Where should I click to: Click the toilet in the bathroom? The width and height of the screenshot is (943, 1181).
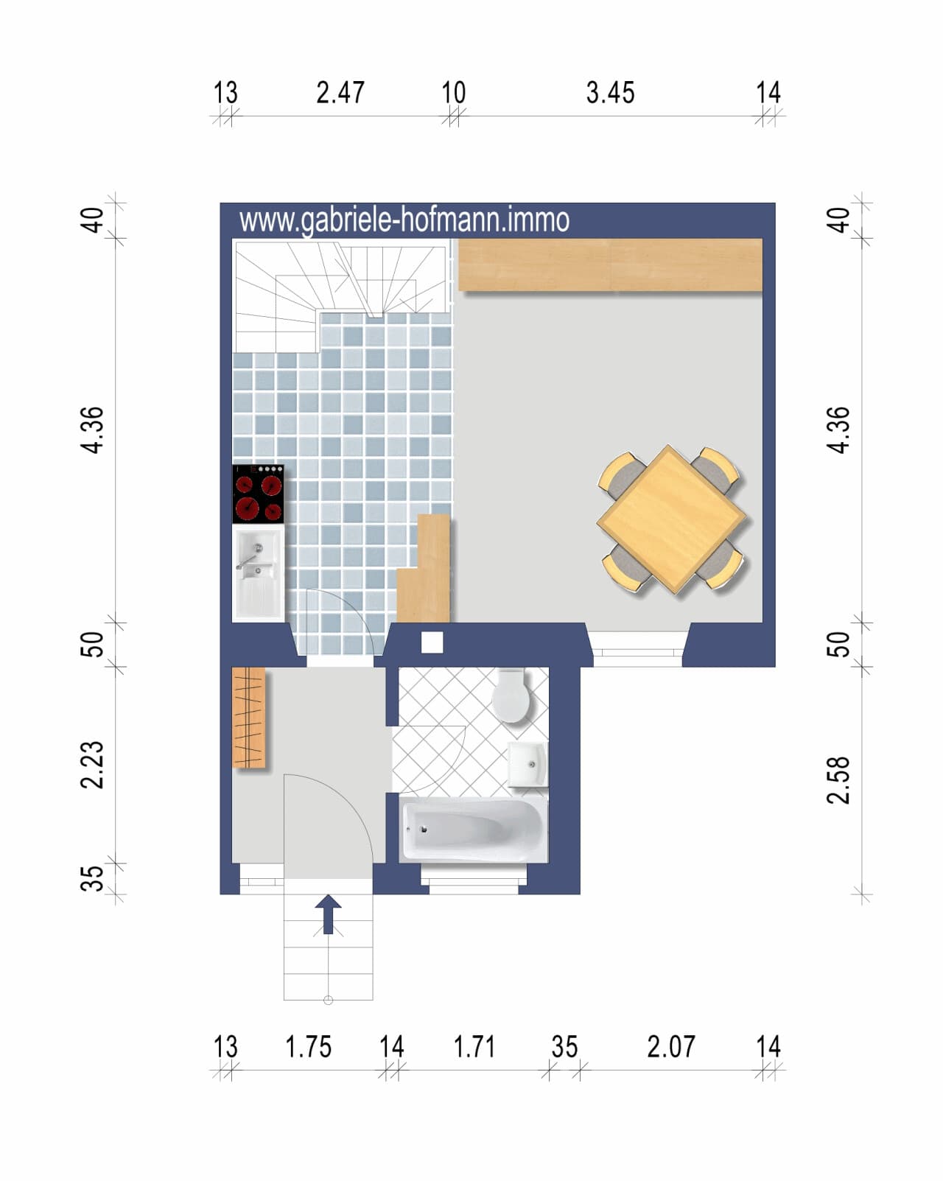511,695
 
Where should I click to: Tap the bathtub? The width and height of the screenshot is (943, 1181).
473,830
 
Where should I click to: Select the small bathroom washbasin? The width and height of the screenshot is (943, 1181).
527,763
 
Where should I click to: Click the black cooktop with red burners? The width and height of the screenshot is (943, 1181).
258,494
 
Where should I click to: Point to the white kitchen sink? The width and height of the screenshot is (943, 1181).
258,573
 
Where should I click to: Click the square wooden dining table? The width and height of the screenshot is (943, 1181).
671,519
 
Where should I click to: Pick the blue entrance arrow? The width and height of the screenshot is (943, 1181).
329,914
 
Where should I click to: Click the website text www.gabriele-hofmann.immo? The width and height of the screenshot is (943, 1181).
404,220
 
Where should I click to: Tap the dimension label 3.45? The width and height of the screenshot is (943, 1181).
610,93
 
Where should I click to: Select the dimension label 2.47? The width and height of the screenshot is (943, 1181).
340,93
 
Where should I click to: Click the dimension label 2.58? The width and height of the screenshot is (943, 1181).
838,780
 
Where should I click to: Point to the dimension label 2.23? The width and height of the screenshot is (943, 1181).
91,765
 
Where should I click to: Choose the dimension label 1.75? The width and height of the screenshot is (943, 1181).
309,1047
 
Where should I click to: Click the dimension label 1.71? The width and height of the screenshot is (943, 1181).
474,1047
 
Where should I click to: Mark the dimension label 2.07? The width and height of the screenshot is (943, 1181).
670,1047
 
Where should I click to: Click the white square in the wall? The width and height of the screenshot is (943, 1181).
432,642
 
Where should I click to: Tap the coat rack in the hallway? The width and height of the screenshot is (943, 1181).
249,718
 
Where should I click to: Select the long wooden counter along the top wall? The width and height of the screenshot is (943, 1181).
610,264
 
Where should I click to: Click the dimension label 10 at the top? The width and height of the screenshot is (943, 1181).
454,93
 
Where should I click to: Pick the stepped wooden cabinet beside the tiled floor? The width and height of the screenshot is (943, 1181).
424,569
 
